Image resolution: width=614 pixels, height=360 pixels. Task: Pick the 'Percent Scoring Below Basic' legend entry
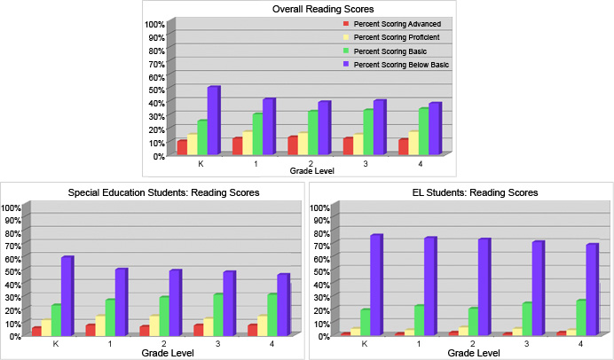point(401,65)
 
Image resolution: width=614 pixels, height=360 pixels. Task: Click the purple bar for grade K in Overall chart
point(213,121)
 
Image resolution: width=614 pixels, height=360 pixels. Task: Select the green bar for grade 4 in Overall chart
point(423,131)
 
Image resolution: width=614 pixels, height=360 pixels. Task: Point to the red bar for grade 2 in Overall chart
point(293,145)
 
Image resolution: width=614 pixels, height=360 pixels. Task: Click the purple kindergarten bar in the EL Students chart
point(375,285)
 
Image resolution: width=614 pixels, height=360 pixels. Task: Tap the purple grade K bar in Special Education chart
point(67,295)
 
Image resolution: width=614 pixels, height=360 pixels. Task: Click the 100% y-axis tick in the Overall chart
point(154,24)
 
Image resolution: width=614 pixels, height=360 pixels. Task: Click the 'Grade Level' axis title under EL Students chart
point(471,353)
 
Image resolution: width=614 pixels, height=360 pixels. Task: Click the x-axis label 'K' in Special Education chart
point(55,343)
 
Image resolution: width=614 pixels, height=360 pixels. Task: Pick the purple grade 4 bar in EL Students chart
point(591,289)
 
